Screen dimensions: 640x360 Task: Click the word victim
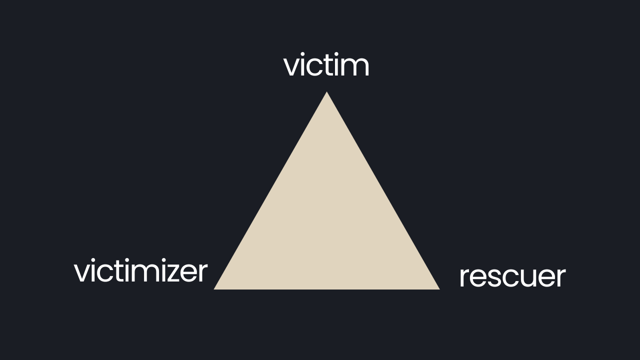tap(326, 66)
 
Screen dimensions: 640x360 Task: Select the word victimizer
tap(140, 271)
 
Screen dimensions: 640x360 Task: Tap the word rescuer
tap(512, 276)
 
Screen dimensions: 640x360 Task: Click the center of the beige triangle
tap(327, 223)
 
